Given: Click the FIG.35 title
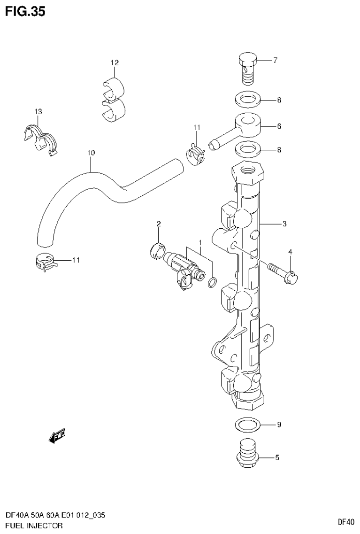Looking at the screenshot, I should [x=25, y=11].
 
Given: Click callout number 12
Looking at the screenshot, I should [x=115, y=62].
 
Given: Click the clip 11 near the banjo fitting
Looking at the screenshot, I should [x=195, y=155].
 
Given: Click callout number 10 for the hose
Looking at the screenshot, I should [x=91, y=153].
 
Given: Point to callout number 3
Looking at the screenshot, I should [x=284, y=224].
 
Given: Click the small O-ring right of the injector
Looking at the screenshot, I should [x=212, y=282].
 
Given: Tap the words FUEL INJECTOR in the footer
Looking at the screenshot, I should [x=33, y=525].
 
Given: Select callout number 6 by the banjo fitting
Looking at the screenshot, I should [x=279, y=126].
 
